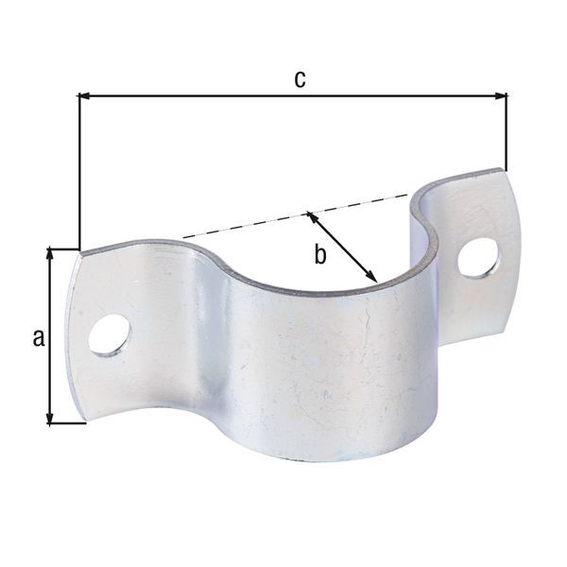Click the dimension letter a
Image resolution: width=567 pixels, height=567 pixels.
(x=39, y=337)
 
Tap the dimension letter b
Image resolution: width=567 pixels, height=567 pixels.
(x=320, y=253)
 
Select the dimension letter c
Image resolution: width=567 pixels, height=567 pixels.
(x=299, y=79)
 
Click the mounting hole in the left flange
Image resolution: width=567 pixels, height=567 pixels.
(x=111, y=337)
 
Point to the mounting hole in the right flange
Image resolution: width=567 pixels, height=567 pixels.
(x=479, y=257)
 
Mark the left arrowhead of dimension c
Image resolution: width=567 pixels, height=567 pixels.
(x=84, y=95)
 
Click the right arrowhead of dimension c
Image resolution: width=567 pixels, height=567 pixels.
(x=501, y=95)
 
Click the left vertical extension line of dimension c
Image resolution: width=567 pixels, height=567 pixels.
(x=77, y=170)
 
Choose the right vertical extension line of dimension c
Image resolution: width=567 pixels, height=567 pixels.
(x=507, y=132)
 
